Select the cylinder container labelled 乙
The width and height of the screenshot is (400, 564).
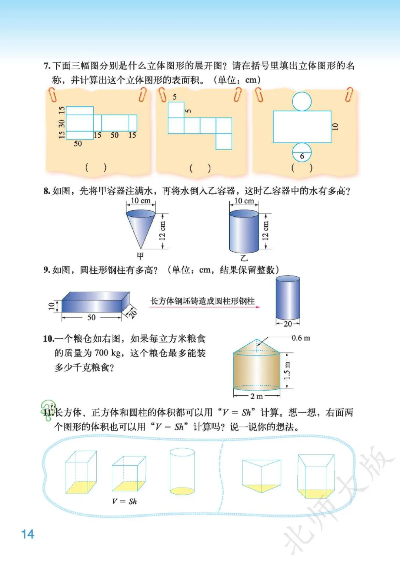tap(244, 231)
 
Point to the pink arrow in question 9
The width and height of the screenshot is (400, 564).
tap(204, 307)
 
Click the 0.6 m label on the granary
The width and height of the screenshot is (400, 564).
tap(301, 338)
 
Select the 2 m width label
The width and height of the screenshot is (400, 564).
tap(257, 396)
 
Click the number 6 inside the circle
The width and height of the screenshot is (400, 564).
tap(302, 156)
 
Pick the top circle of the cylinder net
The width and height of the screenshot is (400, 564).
tap(302, 101)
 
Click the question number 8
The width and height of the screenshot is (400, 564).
tap(47, 191)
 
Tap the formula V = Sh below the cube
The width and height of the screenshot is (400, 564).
tap(124, 501)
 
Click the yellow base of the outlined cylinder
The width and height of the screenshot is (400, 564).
tap(182, 491)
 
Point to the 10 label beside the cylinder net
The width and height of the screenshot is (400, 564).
tap(335, 126)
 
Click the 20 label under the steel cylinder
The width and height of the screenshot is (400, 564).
tap(288, 324)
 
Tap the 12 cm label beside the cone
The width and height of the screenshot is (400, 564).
tap(163, 231)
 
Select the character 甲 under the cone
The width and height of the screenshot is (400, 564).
tap(140, 256)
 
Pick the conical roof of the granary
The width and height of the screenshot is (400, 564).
tap(257, 347)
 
